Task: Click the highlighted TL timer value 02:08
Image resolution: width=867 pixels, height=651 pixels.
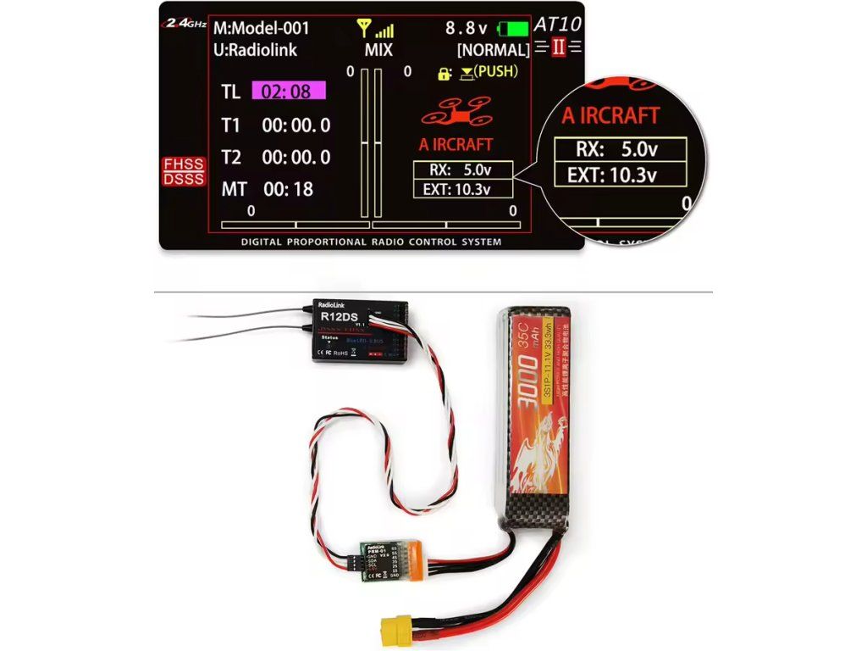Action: (x=292, y=92)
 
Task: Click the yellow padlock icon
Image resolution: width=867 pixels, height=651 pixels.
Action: (x=444, y=74)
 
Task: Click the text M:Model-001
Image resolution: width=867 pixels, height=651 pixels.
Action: (x=261, y=28)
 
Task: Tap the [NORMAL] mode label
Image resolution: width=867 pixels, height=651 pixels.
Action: (x=493, y=49)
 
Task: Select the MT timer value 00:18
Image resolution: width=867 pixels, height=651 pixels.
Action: (x=288, y=189)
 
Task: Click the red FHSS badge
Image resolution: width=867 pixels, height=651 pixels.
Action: (x=184, y=164)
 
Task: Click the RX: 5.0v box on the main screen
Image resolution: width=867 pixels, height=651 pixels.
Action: (x=462, y=170)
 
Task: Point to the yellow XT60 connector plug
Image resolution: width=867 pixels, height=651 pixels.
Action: (x=395, y=628)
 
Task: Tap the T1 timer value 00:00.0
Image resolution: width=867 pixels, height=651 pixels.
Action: (x=296, y=125)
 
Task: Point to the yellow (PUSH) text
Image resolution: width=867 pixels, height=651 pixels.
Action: (x=495, y=71)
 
